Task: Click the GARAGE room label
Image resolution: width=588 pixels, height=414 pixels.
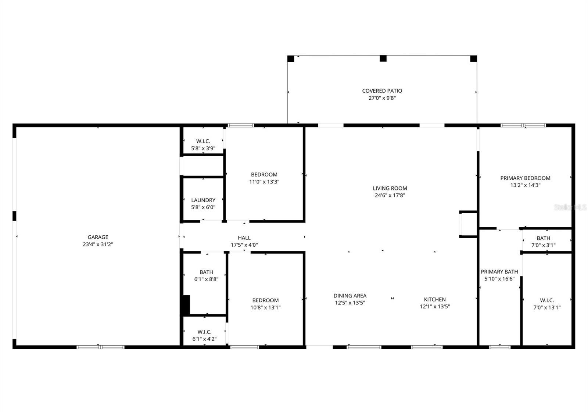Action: click(x=98, y=237)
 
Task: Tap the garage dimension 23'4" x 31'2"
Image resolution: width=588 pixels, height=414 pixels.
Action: click(x=98, y=244)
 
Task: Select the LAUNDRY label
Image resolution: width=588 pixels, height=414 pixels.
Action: click(x=203, y=200)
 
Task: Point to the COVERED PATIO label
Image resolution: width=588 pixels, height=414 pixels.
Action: click(x=382, y=91)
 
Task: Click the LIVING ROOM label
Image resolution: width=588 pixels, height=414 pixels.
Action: click(x=390, y=188)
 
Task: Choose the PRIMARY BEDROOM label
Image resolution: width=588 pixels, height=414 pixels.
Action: click(x=525, y=178)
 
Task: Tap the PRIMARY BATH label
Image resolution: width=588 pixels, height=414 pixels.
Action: click(x=499, y=272)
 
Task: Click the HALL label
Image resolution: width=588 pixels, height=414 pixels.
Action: click(x=244, y=238)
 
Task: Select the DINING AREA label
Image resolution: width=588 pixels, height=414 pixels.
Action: click(x=350, y=296)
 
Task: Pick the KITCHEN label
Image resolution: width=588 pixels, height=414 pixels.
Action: click(x=435, y=299)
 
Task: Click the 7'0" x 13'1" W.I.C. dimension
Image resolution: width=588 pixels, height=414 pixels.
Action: click(x=547, y=307)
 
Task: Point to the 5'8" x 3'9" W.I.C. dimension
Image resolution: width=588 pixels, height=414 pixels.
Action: click(x=203, y=148)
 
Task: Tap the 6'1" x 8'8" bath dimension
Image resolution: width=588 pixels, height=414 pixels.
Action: click(x=206, y=279)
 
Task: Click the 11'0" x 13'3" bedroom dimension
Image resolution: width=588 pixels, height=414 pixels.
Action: click(x=264, y=182)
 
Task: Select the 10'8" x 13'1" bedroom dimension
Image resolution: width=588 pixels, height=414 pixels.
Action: click(x=265, y=307)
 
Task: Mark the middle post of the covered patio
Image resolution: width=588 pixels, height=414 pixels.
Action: click(x=383, y=58)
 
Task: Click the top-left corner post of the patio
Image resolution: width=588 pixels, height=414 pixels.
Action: click(x=291, y=58)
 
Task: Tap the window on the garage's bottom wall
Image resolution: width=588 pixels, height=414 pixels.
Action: click(x=100, y=347)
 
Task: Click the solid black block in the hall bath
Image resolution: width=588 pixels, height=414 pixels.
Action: click(x=186, y=304)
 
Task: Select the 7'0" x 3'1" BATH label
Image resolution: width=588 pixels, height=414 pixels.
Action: click(x=543, y=238)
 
